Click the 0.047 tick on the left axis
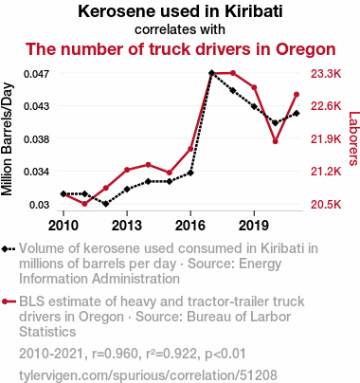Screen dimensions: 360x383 37,74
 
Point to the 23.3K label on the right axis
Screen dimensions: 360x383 326,74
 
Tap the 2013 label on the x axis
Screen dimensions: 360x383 127,226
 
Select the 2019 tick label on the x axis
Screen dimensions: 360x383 254,226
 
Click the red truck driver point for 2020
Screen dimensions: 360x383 275,141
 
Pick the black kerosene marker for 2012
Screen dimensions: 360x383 106,204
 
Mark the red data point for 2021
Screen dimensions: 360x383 297,95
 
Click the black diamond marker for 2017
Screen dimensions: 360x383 211,73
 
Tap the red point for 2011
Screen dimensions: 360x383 84,204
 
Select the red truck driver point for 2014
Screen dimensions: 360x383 148,165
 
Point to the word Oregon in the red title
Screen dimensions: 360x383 306,49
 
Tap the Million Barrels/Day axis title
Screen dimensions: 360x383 7,139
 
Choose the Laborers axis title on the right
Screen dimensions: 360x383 354,138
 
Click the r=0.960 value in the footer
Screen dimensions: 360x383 115,354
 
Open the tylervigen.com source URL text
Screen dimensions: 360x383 148,375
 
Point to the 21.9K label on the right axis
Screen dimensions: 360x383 326,139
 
